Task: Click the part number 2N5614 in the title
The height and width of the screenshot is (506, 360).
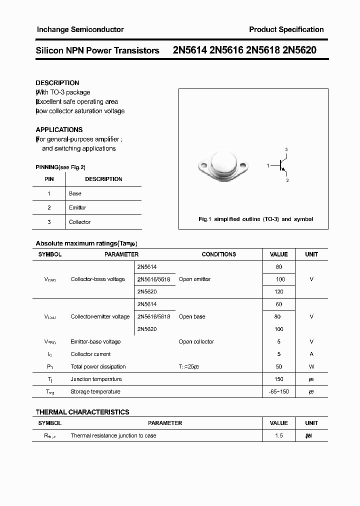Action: click(190, 50)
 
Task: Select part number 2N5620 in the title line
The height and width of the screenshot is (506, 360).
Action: click(299, 50)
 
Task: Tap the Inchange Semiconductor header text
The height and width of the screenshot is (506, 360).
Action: click(80, 29)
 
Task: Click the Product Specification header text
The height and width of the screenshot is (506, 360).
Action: click(286, 29)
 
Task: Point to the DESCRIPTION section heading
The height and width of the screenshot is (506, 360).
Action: click(57, 83)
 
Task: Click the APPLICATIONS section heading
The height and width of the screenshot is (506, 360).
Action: click(59, 129)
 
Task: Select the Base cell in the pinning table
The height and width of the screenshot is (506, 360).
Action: click(75, 193)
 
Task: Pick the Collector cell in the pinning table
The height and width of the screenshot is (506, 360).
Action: click(79, 222)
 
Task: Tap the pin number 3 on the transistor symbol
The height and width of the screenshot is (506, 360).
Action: click(286, 149)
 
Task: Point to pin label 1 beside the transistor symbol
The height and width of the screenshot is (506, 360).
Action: click(268, 165)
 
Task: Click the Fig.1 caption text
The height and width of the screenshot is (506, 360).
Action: click(255, 219)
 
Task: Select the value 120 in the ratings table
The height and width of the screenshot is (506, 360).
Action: click(278, 291)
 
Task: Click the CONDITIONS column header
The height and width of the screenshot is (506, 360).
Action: click(218, 254)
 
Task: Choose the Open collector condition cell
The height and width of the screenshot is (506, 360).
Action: click(196, 342)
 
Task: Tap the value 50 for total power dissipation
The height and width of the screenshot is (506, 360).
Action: click(278, 367)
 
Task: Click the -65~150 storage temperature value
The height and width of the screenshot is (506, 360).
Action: click(278, 392)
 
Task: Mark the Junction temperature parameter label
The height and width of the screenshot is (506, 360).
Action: click(96, 379)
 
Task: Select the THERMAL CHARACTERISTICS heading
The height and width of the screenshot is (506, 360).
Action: click(82, 412)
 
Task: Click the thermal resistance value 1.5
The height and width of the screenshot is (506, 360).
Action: click(278, 436)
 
